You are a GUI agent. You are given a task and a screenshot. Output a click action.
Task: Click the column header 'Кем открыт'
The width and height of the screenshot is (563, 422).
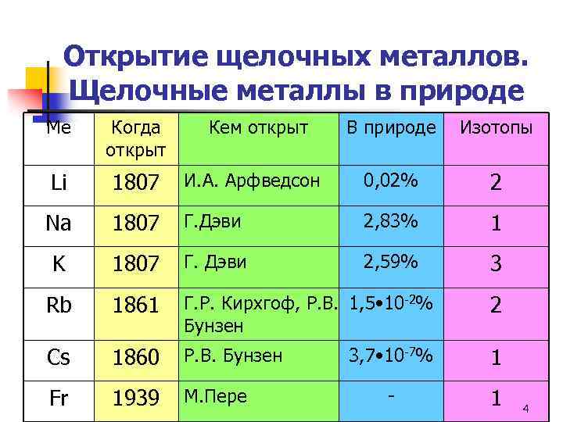[258, 127]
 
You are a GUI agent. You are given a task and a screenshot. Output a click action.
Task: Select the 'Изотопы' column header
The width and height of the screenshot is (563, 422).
[496, 127]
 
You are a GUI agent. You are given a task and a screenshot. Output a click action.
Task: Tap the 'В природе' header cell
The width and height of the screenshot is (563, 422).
[392, 127]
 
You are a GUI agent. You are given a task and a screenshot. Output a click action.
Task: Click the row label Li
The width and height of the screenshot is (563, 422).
[59, 184]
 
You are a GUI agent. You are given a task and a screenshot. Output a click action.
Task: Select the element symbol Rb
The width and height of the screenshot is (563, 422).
[59, 305]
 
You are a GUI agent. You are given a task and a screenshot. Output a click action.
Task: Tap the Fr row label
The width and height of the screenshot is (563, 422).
[59, 399]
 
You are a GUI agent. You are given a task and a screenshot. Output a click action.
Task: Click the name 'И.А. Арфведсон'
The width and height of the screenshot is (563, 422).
[252, 181]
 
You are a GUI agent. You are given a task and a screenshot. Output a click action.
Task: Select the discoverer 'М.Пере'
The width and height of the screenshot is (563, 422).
[215, 397]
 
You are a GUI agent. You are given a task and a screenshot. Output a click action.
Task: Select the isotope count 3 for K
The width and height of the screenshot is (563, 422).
[495, 264]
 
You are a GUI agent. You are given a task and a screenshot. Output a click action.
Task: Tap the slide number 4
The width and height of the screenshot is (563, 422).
[525, 409]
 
